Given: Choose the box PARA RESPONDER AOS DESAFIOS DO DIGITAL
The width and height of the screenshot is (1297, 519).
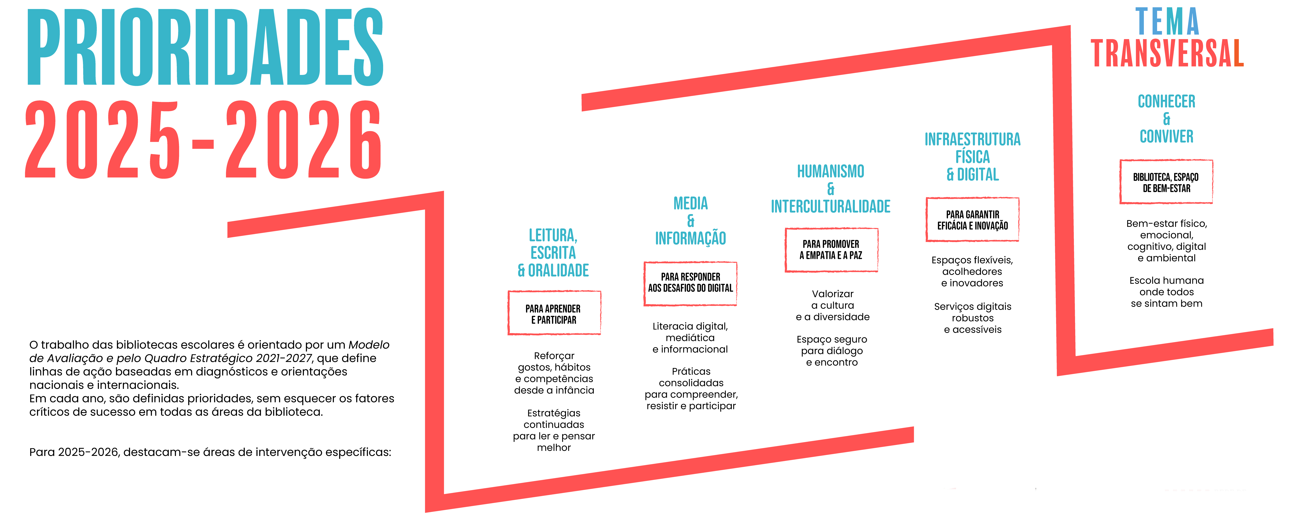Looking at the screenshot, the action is point(690,283).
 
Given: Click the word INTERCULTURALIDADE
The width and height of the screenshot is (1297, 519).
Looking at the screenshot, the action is point(831,206).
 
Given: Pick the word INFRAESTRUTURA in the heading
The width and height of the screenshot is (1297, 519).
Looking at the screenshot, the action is point(972,140).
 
